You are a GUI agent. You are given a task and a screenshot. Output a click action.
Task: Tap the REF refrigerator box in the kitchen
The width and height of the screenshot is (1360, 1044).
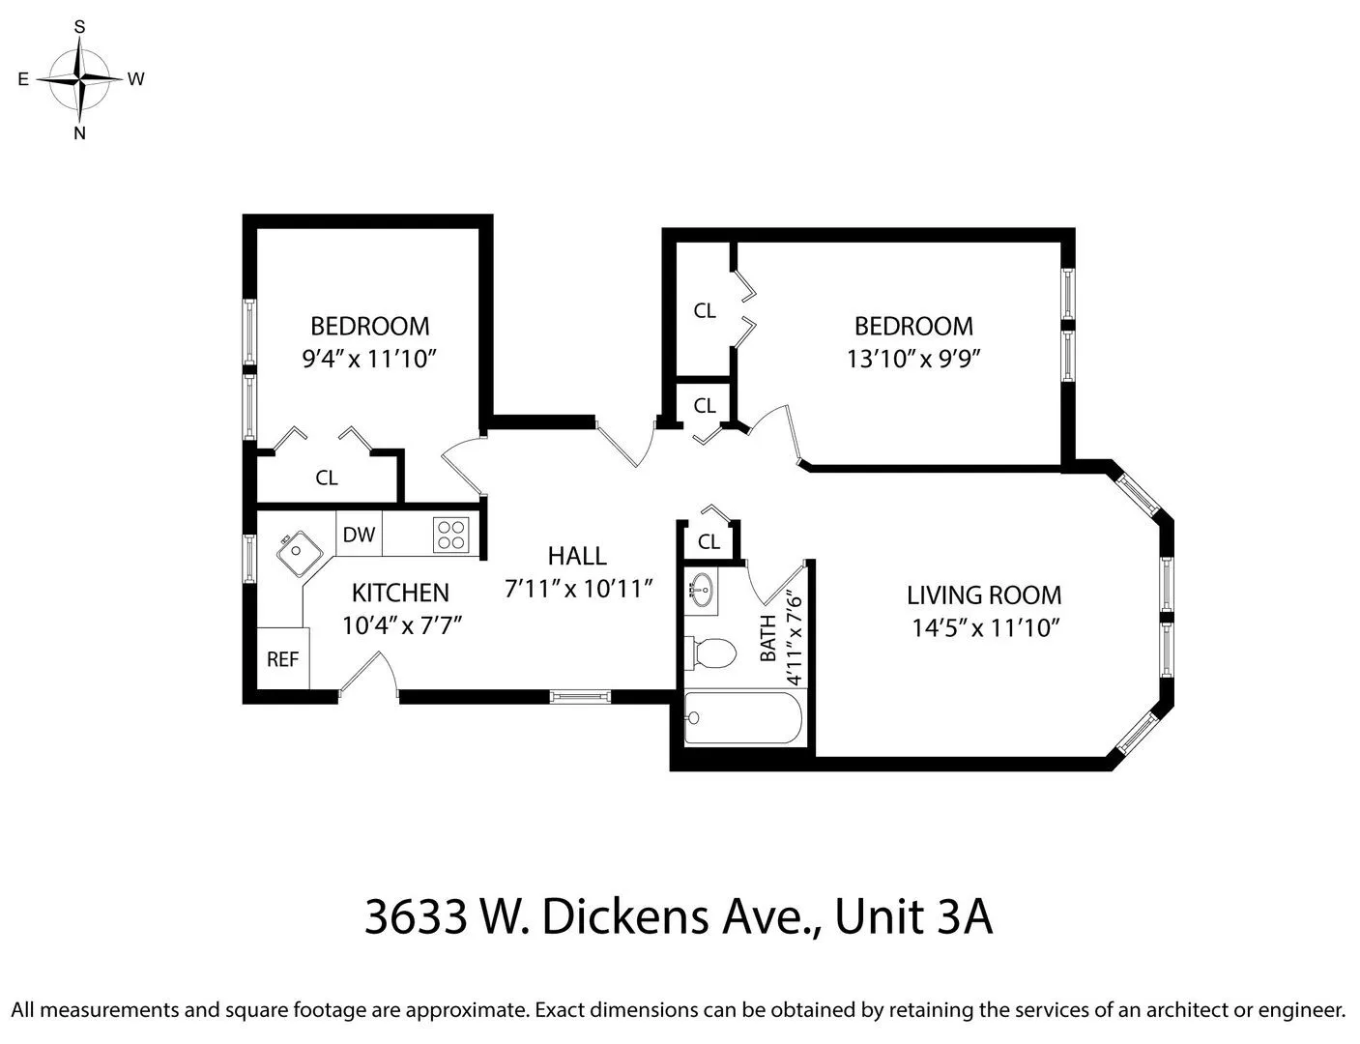point(282,659)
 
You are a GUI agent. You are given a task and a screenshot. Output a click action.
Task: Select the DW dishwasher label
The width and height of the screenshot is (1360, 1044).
point(359,535)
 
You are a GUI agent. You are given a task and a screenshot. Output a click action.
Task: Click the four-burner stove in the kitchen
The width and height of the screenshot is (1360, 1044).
point(449,535)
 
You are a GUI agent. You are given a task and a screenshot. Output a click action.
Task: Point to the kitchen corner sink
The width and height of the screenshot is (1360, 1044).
point(299,552)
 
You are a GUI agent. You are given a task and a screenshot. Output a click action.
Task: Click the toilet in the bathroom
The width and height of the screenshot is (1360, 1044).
point(709,653)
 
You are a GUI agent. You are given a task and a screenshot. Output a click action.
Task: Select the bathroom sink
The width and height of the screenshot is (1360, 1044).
point(701,588)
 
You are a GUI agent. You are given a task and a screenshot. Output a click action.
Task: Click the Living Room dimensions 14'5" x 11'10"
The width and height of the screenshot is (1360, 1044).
point(986,628)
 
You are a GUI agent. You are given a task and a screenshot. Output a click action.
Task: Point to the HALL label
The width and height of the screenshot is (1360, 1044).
point(577,556)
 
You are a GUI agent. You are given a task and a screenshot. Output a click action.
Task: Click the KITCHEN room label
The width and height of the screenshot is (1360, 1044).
point(400,593)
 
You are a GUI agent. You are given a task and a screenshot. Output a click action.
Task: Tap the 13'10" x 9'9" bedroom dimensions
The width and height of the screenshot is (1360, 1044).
point(913,359)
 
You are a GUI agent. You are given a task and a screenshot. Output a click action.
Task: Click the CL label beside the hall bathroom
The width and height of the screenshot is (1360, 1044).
point(709,542)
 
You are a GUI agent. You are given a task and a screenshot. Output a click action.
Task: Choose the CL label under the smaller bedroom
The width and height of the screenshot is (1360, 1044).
point(327,478)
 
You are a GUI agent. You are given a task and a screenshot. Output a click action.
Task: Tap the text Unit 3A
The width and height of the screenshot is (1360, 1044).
point(913,917)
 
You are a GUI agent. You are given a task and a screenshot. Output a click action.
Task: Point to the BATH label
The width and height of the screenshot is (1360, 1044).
point(768,639)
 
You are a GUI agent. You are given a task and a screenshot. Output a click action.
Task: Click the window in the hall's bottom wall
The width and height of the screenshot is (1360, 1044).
point(581,695)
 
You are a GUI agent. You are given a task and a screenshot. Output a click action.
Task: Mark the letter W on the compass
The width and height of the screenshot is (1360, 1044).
point(136,79)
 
